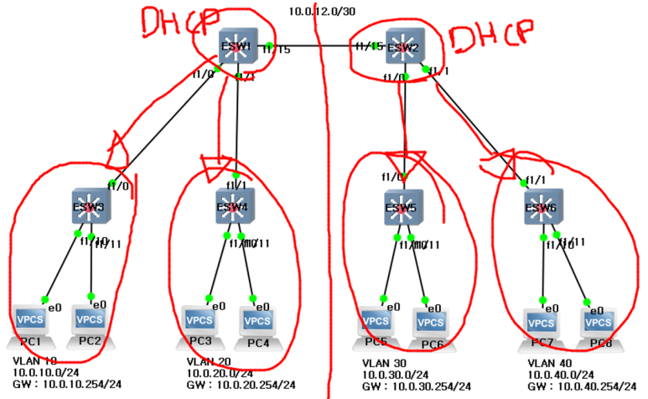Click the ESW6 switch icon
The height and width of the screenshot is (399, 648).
click(542, 206)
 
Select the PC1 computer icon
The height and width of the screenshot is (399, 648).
click(30, 323)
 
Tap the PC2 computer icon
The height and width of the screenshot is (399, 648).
click(90, 323)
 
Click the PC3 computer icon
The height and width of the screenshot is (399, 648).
click(199, 323)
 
